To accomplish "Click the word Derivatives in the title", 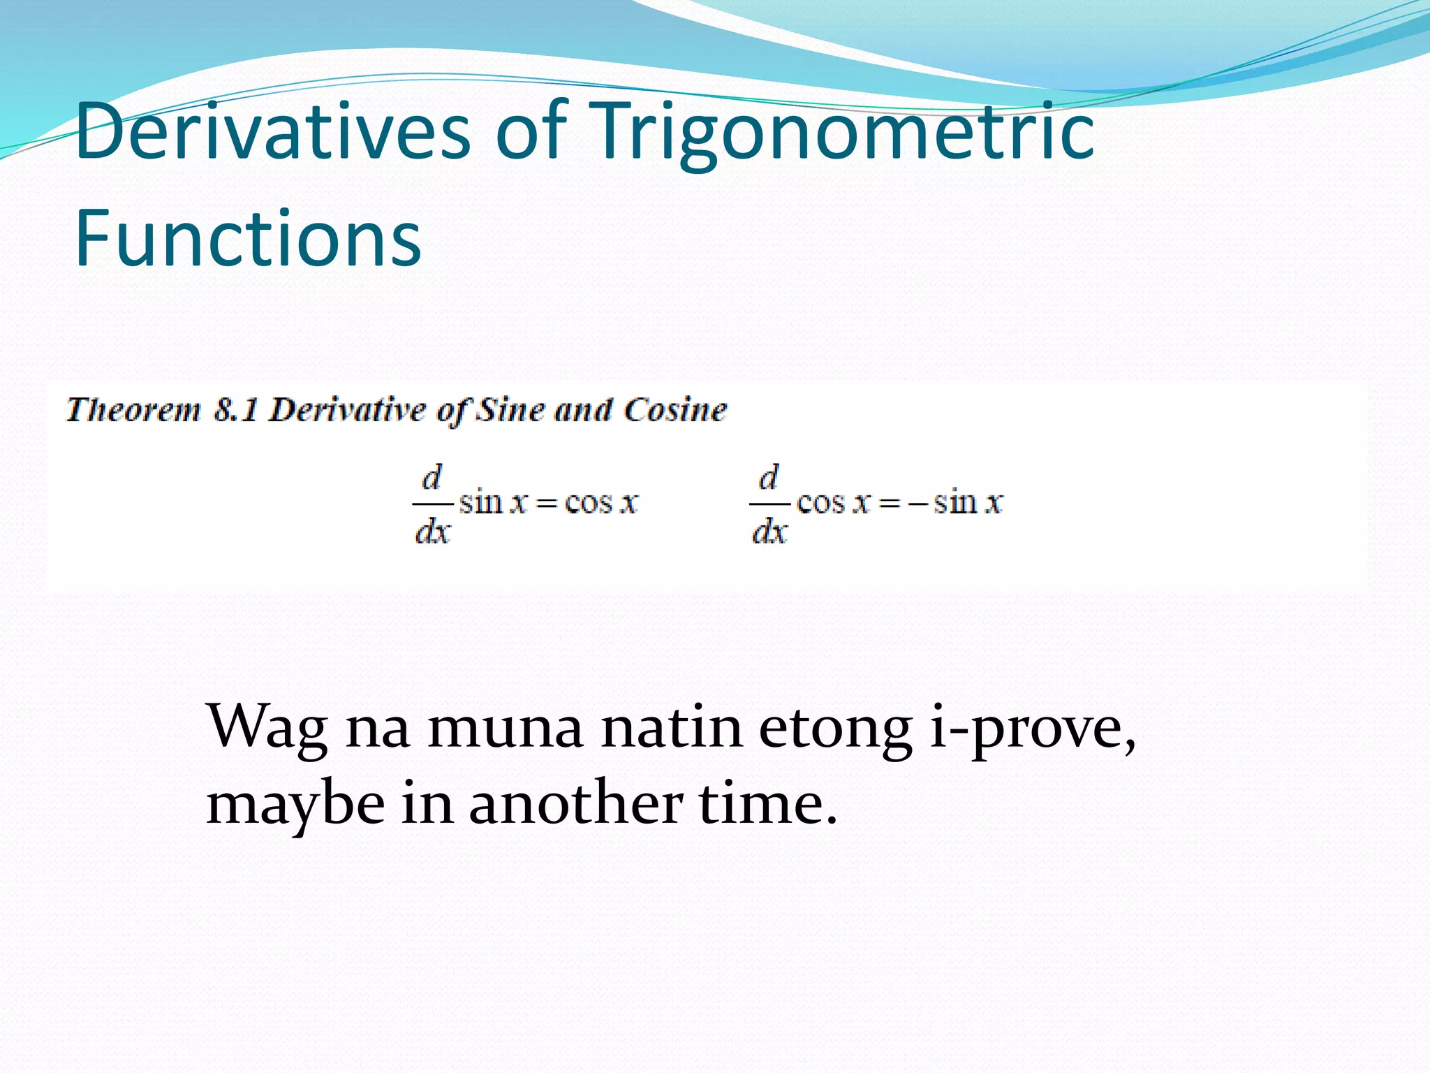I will click(x=272, y=131).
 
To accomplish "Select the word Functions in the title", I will click(x=248, y=239).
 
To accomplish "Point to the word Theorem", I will click(x=133, y=409).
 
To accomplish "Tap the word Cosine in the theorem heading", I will click(x=675, y=409).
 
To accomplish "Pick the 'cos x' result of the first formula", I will click(x=601, y=503).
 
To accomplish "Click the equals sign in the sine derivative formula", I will click(x=546, y=504).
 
